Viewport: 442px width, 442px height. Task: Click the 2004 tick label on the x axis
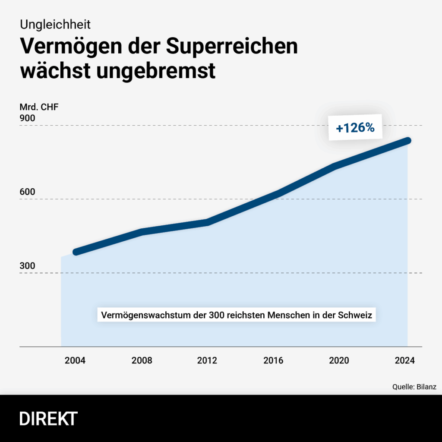(x=75, y=360)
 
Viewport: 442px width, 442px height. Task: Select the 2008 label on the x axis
(x=142, y=360)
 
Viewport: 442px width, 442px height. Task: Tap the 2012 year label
(x=207, y=360)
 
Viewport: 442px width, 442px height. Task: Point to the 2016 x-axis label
(x=273, y=360)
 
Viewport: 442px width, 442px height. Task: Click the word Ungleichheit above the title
(x=55, y=23)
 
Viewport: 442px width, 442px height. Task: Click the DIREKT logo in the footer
(x=48, y=419)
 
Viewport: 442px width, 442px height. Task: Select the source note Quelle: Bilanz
(x=414, y=387)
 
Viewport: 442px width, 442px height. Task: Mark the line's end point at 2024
(x=407, y=141)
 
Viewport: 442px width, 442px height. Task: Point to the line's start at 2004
(x=76, y=252)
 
